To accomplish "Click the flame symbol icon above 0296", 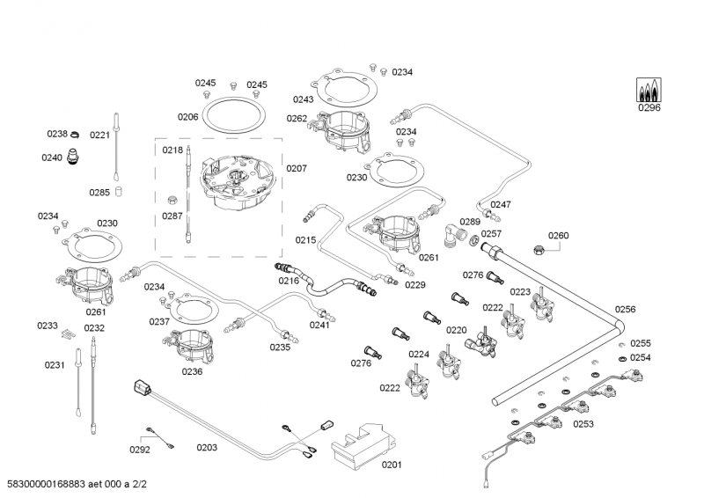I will (x=649, y=90).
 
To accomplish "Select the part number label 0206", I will (x=187, y=116).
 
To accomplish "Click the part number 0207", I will (x=296, y=167).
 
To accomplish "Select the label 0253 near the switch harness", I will (x=583, y=424).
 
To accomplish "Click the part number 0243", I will (x=304, y=99).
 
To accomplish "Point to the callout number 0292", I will (x=139, y=449).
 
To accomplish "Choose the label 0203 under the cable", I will (x=207, y=448).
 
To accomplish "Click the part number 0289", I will (x=470, y=222).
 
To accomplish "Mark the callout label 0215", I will (x=305, y=239).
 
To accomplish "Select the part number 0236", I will (x=192, y=371).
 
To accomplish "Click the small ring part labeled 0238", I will (x=76, y=135).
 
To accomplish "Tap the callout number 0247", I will (x=501, y=204).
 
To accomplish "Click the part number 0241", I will (x=319, y=324).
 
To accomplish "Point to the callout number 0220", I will (x=456, y=330).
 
